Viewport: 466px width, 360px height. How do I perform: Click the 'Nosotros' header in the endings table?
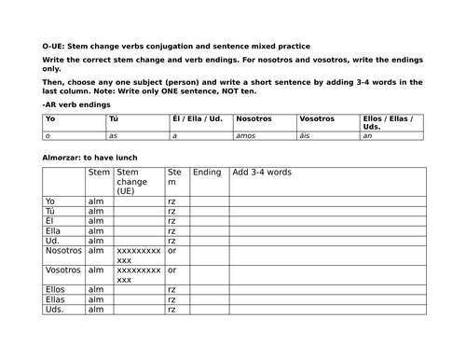pos(254,118)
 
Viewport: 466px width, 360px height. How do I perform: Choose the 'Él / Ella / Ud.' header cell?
pos(197,118)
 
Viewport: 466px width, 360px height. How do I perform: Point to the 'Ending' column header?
pos(207,173)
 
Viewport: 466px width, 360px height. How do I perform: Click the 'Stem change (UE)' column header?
pos(136,181)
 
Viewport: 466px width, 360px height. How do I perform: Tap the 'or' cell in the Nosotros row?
pos(172,250)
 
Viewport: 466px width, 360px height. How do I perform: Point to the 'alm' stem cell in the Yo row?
pos(97,201)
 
